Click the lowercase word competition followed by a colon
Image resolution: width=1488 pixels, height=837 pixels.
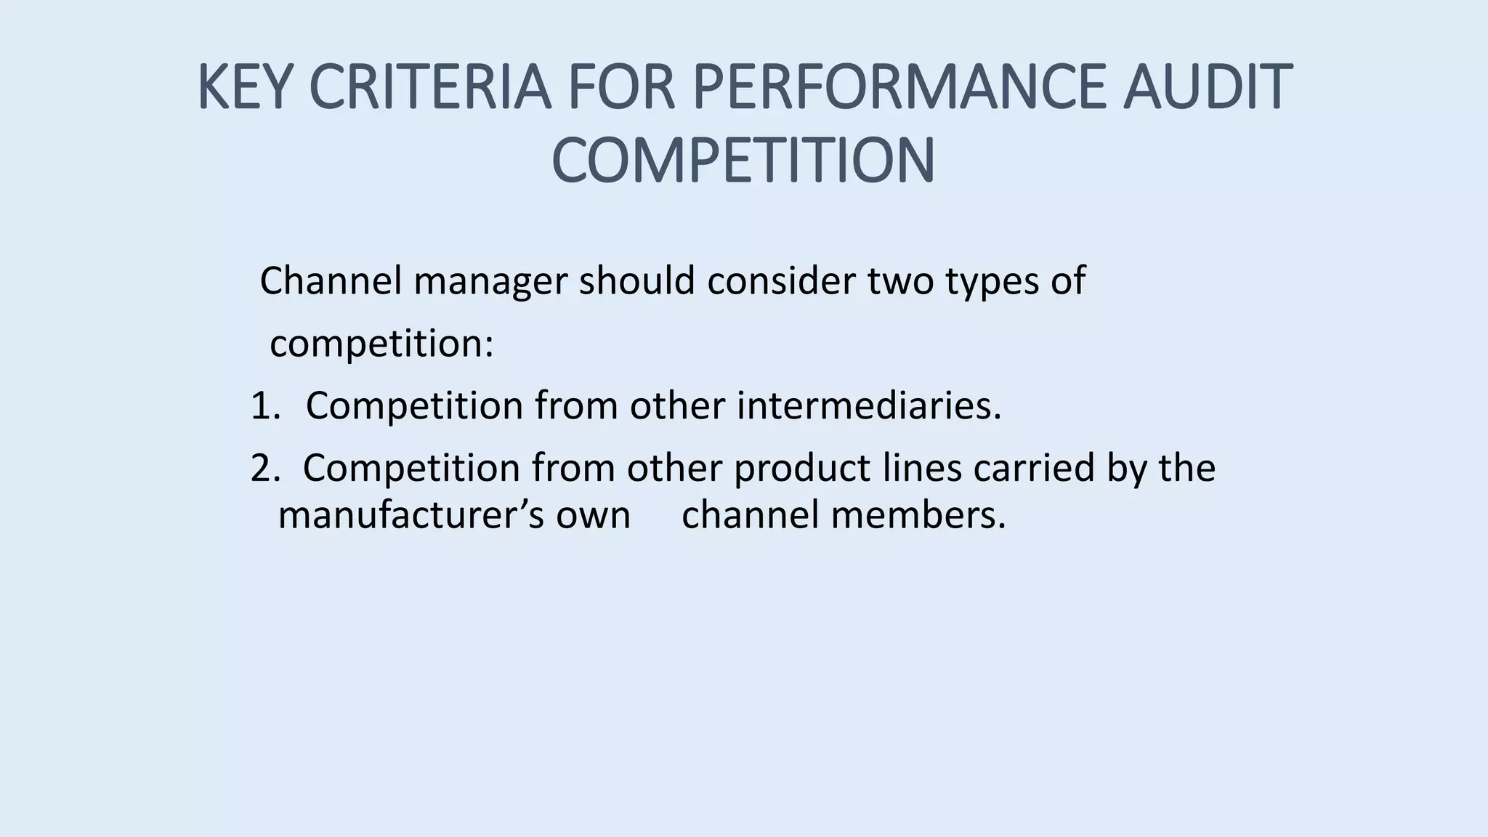381,344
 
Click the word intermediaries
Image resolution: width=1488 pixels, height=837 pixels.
869,405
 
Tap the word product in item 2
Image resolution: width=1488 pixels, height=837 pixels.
802,469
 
